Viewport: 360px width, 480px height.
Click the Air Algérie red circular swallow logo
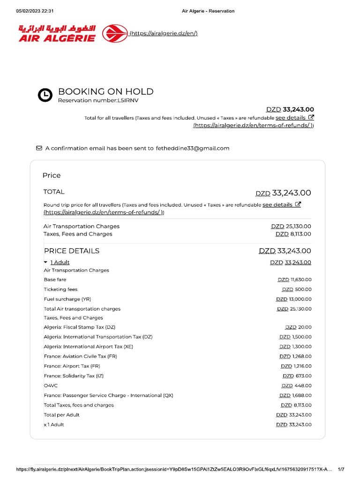pos(115,34)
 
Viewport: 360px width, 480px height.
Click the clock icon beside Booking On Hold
pos(45,95)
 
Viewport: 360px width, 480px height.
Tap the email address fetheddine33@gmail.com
pos(193,148)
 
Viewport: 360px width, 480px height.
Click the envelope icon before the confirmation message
pos(39,148)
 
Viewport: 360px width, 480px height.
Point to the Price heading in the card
pos(52,175)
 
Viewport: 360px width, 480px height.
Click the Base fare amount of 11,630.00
pos(294,280)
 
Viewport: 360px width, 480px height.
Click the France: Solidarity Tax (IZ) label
pos(74,376)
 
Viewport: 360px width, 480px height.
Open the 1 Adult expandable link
pos(60,262)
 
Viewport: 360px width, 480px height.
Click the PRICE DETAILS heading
pos(71,251)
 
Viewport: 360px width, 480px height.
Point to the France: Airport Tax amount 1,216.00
pos(296,367)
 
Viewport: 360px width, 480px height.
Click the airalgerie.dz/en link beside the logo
pos(164,33)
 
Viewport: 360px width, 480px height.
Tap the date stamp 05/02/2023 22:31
pos(35,11)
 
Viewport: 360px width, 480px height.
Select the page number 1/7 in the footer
pos(341,469)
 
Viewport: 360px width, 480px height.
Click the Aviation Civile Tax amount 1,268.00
pos(295,357)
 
